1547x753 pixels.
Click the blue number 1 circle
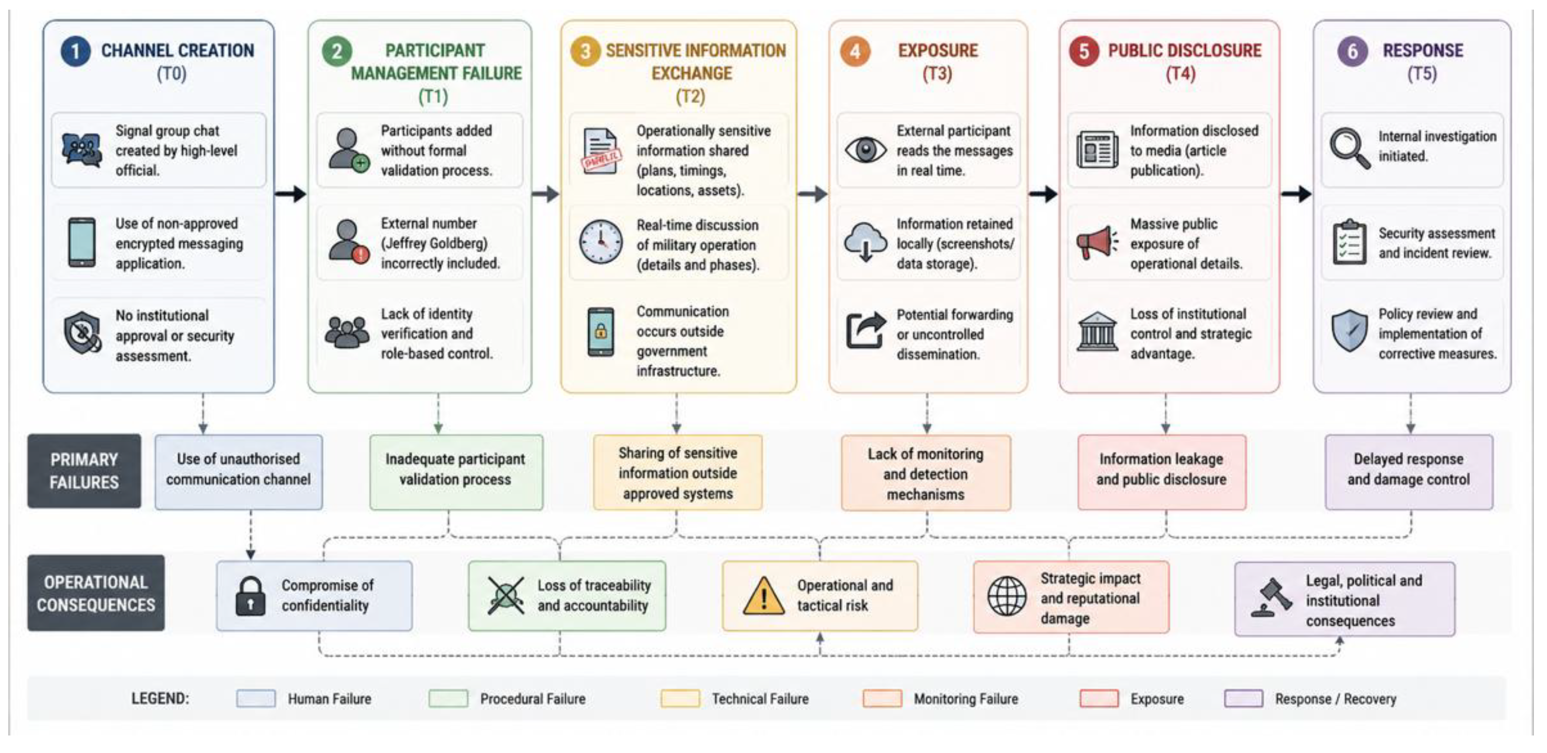75,51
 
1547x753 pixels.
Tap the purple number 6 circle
1352,51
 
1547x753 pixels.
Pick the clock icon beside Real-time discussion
601,242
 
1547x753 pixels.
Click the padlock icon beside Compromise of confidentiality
250,596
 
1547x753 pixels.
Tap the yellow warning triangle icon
763,596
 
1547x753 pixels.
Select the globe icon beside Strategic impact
1007,596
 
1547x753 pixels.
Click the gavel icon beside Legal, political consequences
1271,597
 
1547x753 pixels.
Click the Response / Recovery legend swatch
1244,698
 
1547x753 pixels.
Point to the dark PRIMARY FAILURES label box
84,471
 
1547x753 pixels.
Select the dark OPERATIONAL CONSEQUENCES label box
96,593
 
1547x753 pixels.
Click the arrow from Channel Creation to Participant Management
291,193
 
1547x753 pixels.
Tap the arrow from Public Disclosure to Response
1296,193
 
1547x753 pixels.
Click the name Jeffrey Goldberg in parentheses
434,243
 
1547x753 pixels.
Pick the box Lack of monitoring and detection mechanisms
926,473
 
